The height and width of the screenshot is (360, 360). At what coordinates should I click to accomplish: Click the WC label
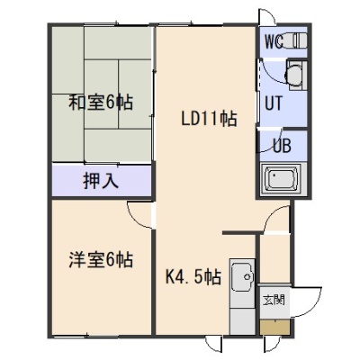point(274,42)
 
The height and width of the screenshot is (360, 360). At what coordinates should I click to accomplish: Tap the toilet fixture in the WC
point(296,40)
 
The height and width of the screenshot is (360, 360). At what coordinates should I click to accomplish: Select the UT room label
point(274,103)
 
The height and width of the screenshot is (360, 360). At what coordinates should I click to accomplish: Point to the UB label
point(282,146)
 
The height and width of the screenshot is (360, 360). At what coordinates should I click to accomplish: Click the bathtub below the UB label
point(282,180)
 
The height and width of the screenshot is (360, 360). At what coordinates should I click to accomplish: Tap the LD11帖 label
point(210,119)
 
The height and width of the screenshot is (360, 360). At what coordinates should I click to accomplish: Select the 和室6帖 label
point(101,103)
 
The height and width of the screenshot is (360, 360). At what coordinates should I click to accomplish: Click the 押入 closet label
point(101,181)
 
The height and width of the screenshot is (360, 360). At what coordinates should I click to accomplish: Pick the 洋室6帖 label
point(101,260)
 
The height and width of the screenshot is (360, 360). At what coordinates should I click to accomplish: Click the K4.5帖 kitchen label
point(193,277)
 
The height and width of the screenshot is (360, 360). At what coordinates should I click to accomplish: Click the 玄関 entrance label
point(274,300)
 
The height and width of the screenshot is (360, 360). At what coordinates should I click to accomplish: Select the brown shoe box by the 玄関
point(275,327)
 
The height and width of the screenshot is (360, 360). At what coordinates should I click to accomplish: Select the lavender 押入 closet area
point(102,181)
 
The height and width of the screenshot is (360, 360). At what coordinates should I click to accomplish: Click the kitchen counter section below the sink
point(242,321)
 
